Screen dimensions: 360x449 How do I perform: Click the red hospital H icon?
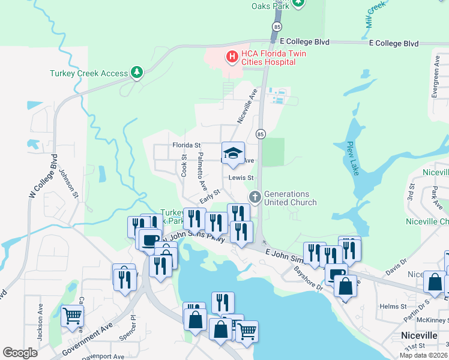[x=231, y=57]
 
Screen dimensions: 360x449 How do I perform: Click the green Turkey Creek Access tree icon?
[x=138, y=73]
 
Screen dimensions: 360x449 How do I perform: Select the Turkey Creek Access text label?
[x=89, y=73]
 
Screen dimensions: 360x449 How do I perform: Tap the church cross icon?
[x=255, y=197]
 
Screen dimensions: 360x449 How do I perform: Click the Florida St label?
[x=186, y=145]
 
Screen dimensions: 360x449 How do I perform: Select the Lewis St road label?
[x=241, y=178]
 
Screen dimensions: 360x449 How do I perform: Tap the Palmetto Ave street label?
[x=202, y=172]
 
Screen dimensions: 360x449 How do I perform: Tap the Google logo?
[x=20, y=353]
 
